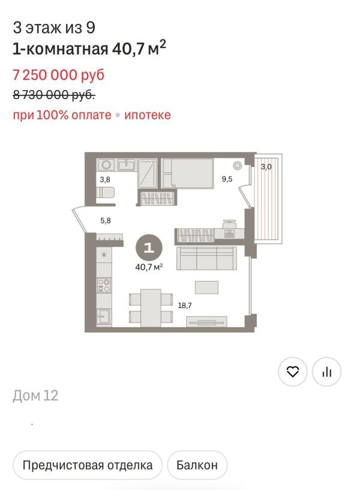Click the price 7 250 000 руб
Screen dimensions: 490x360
tap(58, 75)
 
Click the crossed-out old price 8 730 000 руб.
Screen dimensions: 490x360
tap(54, 94)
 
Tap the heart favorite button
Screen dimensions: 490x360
tap(293, 372)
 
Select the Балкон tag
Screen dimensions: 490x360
tap(197, 465)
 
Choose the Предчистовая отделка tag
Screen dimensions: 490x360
tap(88, 465)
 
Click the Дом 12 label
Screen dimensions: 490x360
tap(35, 396)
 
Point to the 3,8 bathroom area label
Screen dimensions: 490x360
tap(104, 179)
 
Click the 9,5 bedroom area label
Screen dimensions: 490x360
tap(227, 179)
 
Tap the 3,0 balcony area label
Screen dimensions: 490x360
tap(266, 167)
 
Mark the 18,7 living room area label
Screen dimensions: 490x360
tap(184, 306)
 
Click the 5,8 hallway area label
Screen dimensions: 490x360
tap(105, 220)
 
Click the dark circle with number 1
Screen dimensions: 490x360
tap(149, 247)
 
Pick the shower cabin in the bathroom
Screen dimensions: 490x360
tap(148, 174)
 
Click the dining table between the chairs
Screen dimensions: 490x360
tap(151, 307)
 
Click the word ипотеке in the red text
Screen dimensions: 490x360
tap(148, 115)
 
